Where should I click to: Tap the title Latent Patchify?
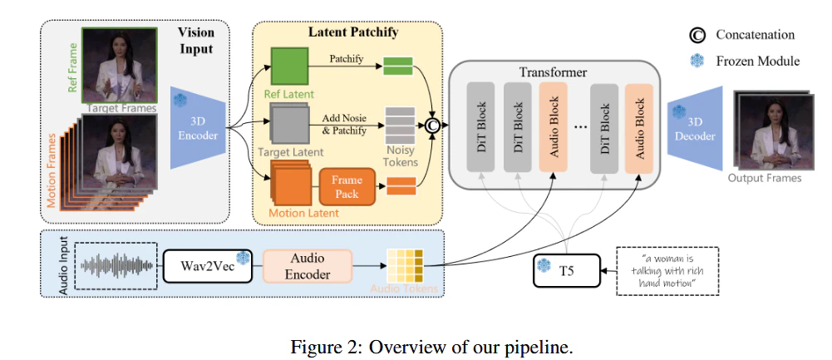[352, 32]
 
